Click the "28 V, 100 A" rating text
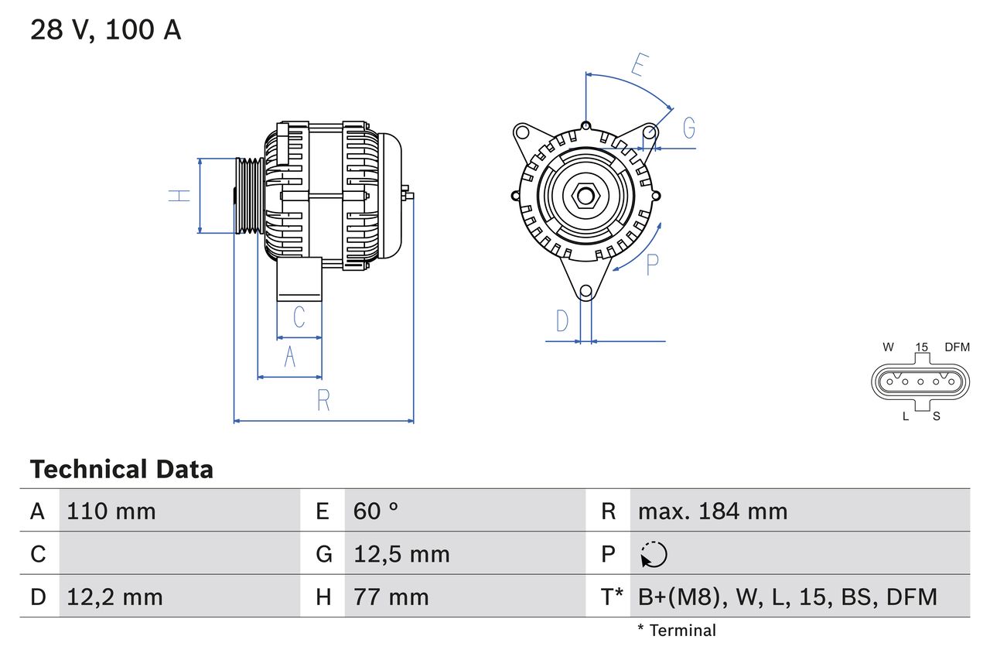[105, 30]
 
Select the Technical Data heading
[121, 470]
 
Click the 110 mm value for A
[111, 511]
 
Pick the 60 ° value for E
[376, 511]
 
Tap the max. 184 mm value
[712, 511]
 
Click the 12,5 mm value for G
[401, 554]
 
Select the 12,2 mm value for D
[114, 597]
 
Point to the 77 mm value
[391, 597]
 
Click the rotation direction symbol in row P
[654, 555]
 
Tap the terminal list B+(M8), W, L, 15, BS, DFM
[787, 597]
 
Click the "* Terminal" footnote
[677, 631]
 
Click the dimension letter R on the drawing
[323, 401]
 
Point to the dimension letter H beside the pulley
[179, 196]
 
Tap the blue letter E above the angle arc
[638, 65]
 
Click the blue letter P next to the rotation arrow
[652, 265]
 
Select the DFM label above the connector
[956, 347]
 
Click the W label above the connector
[888, 347]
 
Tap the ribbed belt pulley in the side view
[249, 195]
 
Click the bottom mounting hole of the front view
[585, 291]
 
